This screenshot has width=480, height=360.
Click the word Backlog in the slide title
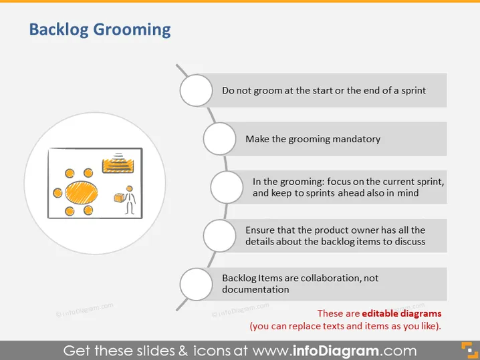point(58,29)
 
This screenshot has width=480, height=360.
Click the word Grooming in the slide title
point(132,30)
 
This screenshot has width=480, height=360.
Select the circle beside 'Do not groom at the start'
point(196,90)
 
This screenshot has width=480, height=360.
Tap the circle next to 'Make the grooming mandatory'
point(219,138)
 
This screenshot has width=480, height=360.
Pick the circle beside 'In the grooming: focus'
point(227,187)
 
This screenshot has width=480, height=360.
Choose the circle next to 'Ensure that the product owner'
point(219,236)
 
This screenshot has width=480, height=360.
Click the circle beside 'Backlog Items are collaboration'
point(196,284)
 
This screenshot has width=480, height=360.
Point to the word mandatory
point(356,140)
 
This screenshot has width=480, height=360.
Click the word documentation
point(255,289)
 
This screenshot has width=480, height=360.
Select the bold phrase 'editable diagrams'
point(402,313)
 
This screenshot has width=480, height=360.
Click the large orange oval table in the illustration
point(82,192)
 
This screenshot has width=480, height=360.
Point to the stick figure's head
point(130,188)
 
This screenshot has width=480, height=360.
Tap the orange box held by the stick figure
point(119,198)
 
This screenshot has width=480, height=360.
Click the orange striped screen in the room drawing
point(118,166)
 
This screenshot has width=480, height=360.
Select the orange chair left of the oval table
point(57,193)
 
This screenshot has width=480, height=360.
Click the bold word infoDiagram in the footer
point(336,351)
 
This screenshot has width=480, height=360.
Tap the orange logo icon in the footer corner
point(469,350)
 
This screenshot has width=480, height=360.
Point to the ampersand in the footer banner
point(183,351)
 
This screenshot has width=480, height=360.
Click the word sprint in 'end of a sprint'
point(413,91)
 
